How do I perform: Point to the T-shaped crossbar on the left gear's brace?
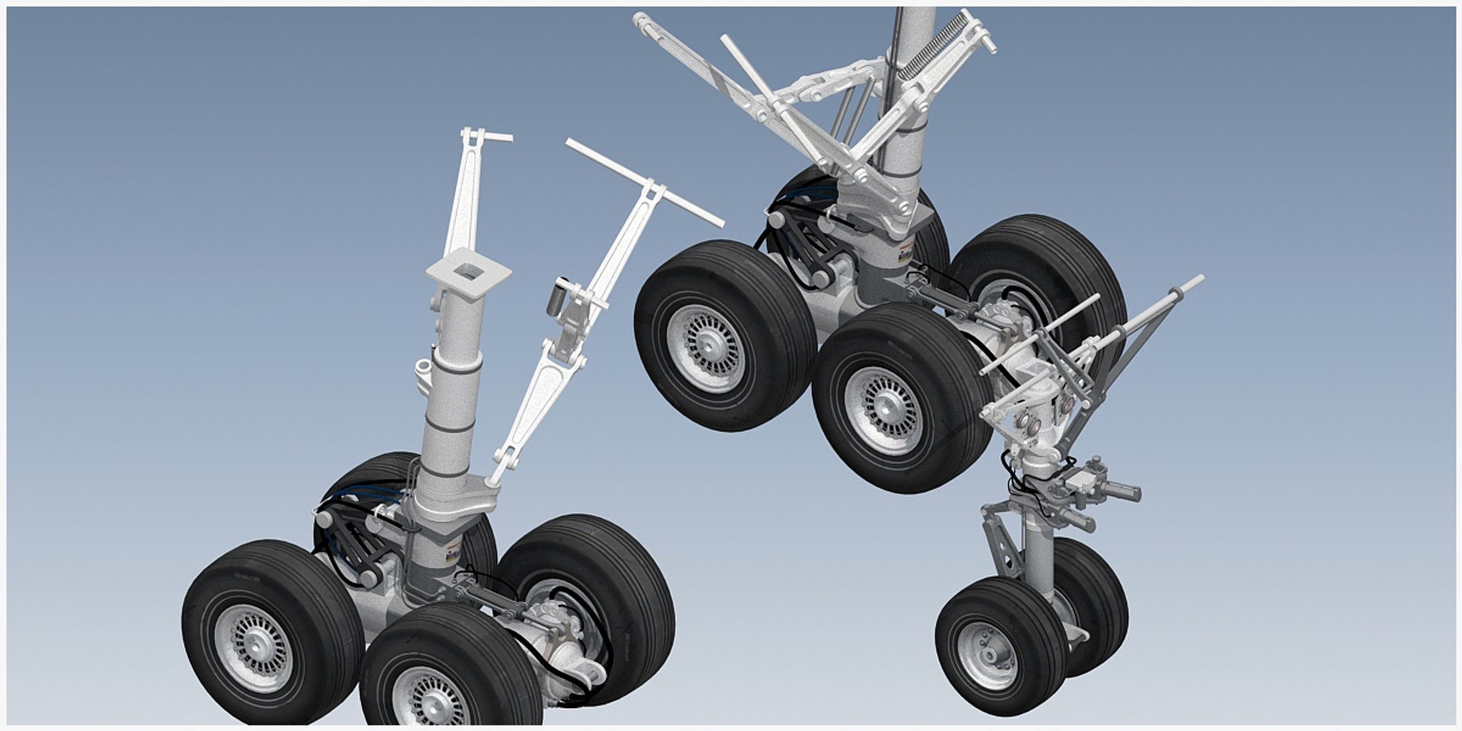[644, 183]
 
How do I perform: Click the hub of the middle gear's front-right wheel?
[883, 411]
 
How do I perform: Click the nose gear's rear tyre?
[1096, 602]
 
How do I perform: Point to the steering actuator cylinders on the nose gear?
[1096, 495]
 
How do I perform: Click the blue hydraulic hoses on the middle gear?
[800, 198]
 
